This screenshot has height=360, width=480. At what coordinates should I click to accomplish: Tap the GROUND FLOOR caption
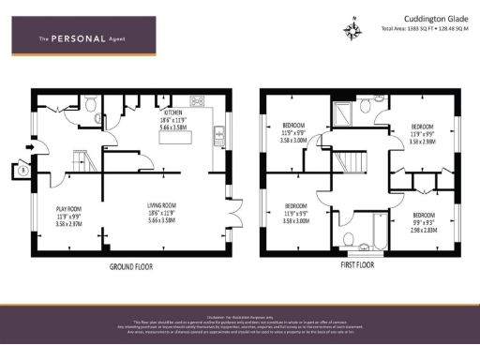coord(134,265)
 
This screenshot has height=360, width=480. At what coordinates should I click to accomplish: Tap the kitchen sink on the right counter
coord(217,132)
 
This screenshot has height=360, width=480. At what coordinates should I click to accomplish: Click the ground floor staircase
coord(79,160)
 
